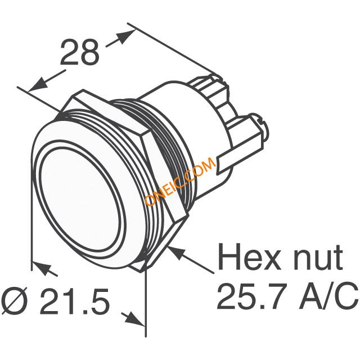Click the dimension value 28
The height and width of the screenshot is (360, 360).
80,52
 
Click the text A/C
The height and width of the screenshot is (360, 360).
328,296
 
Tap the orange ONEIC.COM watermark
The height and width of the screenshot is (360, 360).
180,181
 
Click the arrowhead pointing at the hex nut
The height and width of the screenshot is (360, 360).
176,252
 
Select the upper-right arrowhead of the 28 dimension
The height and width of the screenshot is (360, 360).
125,36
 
